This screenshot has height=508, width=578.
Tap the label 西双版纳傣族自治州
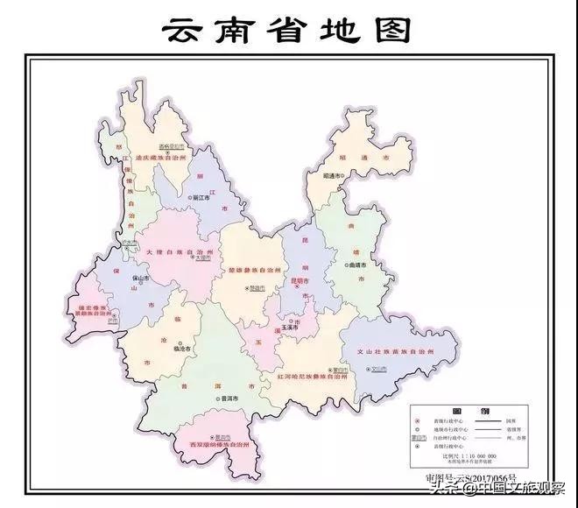(x=218, y=448)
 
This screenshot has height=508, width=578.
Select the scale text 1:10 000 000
(x=477, y=456)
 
